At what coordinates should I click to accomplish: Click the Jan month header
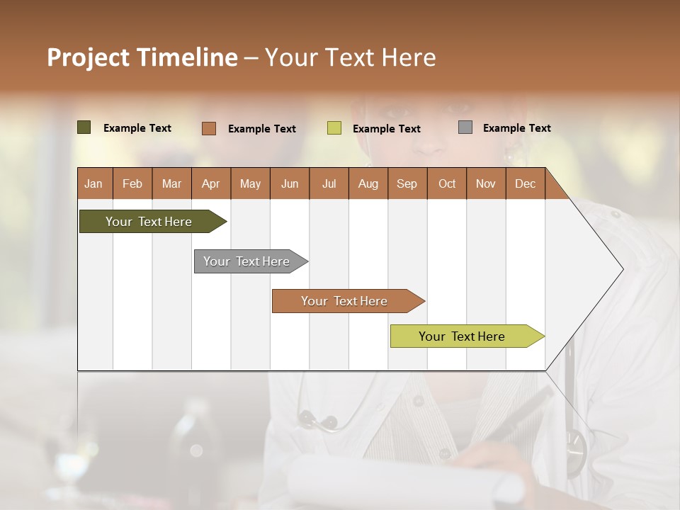tap(94, 183)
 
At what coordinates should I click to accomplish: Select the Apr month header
tap(211, 183)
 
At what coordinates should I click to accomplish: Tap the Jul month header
tap(329, 183)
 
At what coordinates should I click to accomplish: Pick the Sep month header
tap(407, 183)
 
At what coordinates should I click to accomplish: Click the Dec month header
tap(525, 183)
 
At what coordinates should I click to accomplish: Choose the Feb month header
tap(132, 183)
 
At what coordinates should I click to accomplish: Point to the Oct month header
tap(447, 183)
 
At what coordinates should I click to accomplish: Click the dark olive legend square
tap(84, 127)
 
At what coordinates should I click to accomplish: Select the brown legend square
tap(209, 128)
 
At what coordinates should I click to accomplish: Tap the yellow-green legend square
tap(334, 128)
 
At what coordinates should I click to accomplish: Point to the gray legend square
tap(465, 127)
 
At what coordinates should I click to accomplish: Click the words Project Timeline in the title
tap(142, 57)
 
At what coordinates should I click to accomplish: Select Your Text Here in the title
tap(351, 57)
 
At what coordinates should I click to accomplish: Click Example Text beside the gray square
tap(516, 128)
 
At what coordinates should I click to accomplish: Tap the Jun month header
tap(290, 183)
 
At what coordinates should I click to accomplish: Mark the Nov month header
tap(486, 183)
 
